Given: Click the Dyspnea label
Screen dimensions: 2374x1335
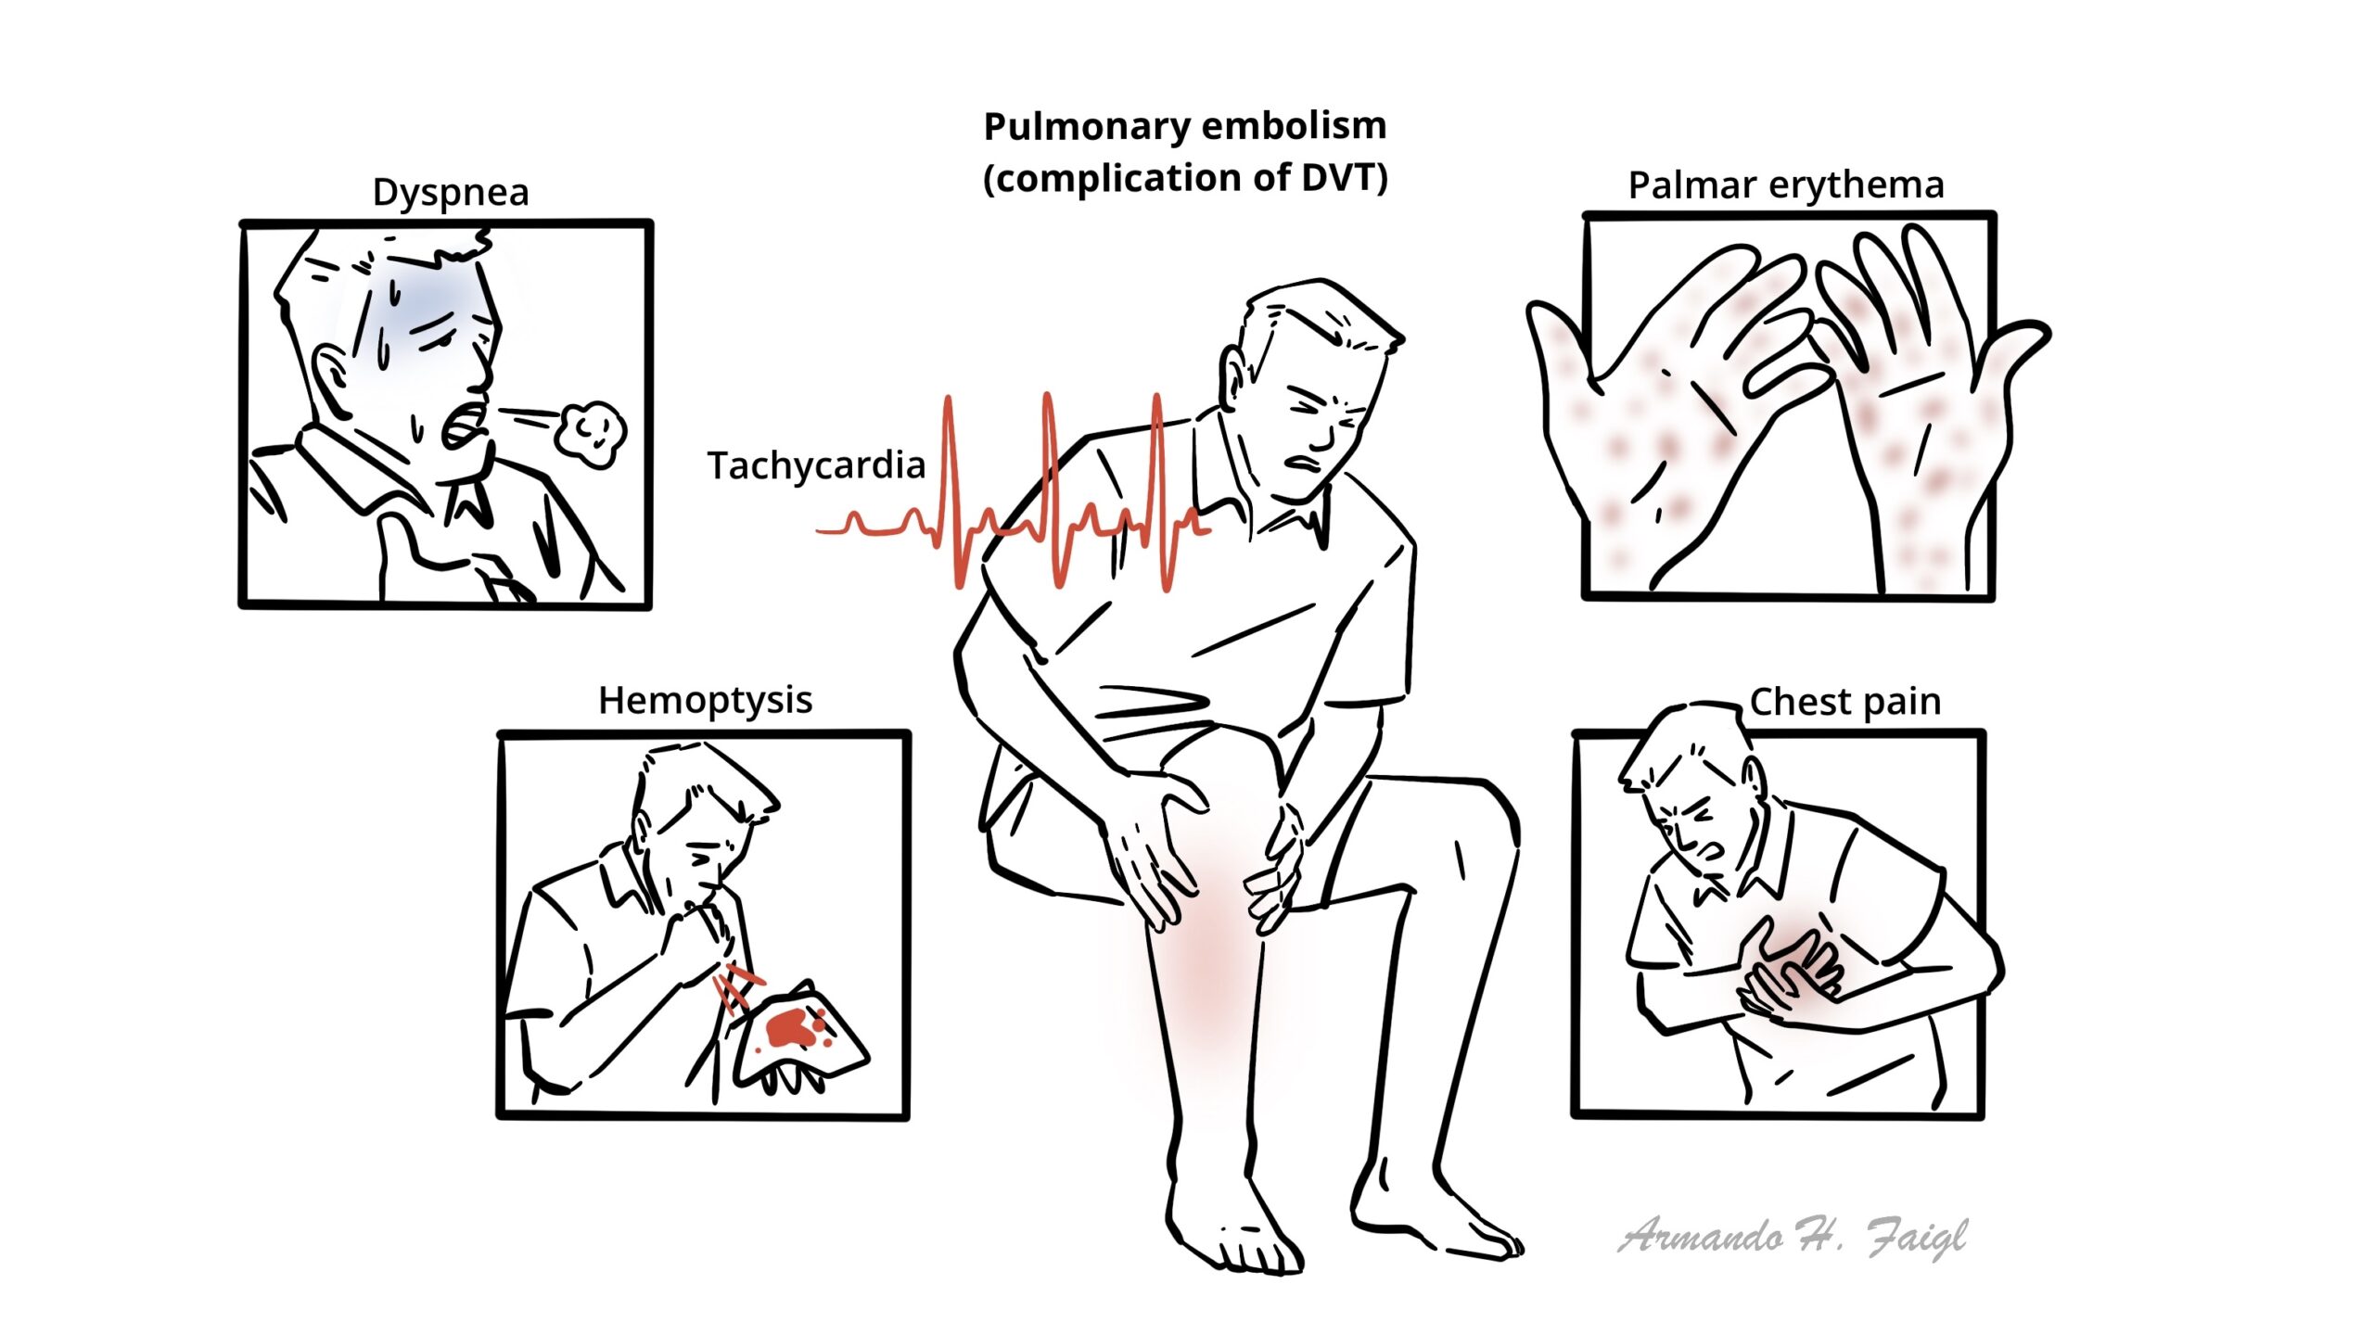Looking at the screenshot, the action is coord(451,193).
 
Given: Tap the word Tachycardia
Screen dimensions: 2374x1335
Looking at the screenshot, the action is coord(816,465).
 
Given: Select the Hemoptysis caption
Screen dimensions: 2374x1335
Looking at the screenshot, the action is coord(705,701).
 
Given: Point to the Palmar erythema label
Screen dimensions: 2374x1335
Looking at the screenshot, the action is coord(1786,186).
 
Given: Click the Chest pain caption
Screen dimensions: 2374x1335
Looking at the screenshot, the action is coord(1845,702).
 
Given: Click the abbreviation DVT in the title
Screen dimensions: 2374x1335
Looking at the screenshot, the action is coord(1334,178).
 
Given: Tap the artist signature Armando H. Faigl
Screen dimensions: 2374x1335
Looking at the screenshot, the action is coord(1793,1237).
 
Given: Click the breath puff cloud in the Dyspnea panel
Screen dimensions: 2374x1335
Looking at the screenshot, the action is coord(591,432).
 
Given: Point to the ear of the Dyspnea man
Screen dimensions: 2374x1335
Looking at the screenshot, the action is coord(330,372).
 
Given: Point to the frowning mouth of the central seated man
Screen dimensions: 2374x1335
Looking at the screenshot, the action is coord(1302,463).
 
